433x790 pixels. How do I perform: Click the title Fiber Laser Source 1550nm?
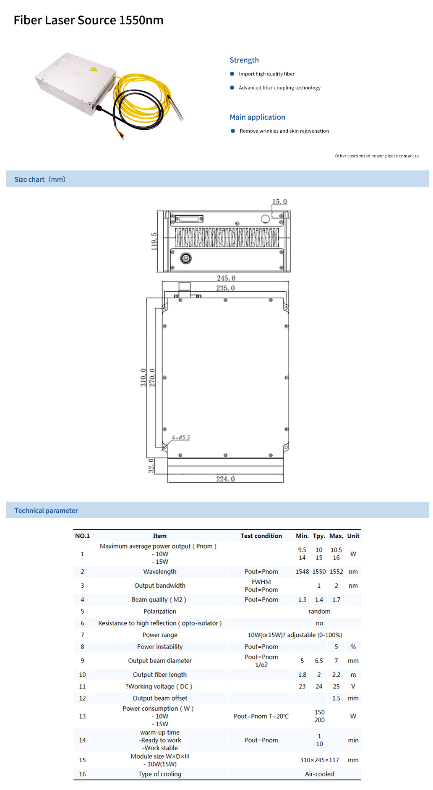coord(89,20)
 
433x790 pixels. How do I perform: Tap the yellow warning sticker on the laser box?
coord(93,70)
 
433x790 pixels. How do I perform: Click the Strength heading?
coord(244,60)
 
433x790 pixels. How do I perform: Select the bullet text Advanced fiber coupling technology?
coord(279,88)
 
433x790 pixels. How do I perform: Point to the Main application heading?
coord(257,117)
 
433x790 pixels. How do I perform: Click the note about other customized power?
coord(377,156)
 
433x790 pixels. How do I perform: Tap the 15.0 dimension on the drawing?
coord(279,202)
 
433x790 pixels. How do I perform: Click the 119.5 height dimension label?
coord(154,241)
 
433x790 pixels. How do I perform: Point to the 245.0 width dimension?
coord(226,278)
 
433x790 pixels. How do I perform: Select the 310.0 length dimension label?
coord(143,377)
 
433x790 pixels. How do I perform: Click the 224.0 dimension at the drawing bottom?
coord(225,479)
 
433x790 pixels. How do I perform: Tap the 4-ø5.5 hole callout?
coord(181,437)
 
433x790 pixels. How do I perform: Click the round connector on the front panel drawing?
coord(186,258)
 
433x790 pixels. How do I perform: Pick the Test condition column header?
coord(261,536)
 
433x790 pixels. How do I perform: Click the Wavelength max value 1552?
coord(336,572)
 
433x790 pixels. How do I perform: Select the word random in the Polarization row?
coord(319,611)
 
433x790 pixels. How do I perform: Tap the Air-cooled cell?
coord(319,774)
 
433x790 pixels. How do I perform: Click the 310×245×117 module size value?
coord(319,760)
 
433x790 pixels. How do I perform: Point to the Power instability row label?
coord(160,646)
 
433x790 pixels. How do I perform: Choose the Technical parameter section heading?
coord(46,510)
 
